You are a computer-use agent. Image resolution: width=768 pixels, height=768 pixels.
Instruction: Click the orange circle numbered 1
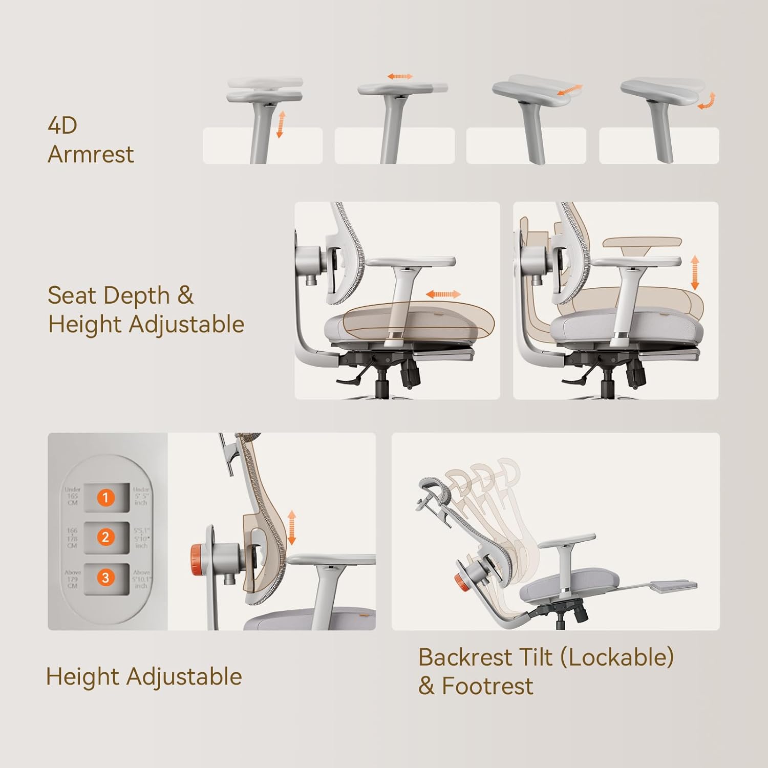pos(105,497)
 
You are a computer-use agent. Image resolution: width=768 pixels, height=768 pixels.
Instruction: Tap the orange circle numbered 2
pos(105,537)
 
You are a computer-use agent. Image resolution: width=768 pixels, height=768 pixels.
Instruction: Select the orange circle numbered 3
pos(105,578)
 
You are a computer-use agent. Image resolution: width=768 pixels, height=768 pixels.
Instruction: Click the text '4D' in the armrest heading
pos(62,125)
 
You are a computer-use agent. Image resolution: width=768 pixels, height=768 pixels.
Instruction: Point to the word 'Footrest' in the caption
pos(487,686)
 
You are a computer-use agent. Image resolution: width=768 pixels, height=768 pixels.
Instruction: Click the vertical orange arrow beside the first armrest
pos(280,124)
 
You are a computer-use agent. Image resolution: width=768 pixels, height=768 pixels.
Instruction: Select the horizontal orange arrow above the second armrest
pos(400,76)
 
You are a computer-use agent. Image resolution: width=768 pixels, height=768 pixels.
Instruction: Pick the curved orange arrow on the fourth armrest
pos(707,101)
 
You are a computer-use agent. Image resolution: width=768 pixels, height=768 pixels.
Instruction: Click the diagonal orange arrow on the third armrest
pos(569,91)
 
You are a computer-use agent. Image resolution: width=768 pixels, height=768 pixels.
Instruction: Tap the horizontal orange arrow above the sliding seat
pos(443,294)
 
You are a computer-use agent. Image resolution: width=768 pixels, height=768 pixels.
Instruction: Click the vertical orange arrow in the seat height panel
pos(695,273)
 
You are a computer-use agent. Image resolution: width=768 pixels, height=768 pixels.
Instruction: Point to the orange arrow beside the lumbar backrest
pos(292,527)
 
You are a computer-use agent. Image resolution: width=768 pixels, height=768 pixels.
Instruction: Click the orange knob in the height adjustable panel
pos(198,556)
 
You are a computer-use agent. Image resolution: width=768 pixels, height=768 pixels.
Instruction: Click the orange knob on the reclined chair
pos(459,582)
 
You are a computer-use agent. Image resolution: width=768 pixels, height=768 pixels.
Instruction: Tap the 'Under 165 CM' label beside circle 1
pos(72,496)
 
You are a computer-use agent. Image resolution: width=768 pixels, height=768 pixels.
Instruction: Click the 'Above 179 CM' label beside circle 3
pos(72,579)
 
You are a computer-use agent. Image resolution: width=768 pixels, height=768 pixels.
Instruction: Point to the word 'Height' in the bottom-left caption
pos(83,677)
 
